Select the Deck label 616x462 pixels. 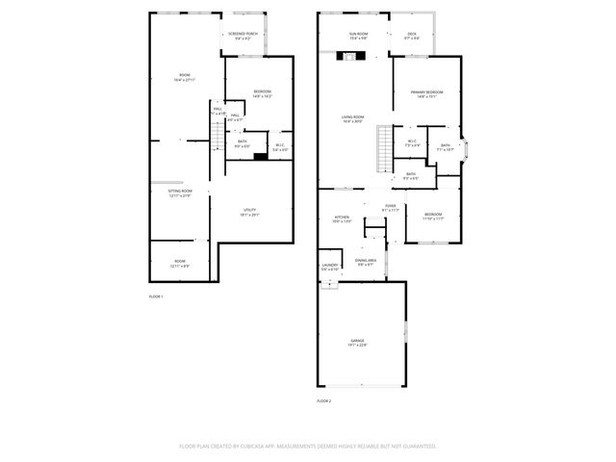click(x=412, y=36)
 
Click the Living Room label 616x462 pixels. click(x=352, y=118)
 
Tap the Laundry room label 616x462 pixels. click(x=329, y=268)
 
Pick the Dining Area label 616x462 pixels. click(x=366, y=261)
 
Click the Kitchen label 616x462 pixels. click(x=342, y=218)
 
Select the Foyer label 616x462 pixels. click(x=391, y=207)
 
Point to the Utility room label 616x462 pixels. click(x=249, y=212)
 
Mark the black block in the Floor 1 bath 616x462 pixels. click(x=260, y=155)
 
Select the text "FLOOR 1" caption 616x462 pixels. click(x=156, y=296)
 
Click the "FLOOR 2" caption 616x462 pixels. click(x=323, y=399)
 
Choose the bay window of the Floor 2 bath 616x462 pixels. click(x=467, y=148)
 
